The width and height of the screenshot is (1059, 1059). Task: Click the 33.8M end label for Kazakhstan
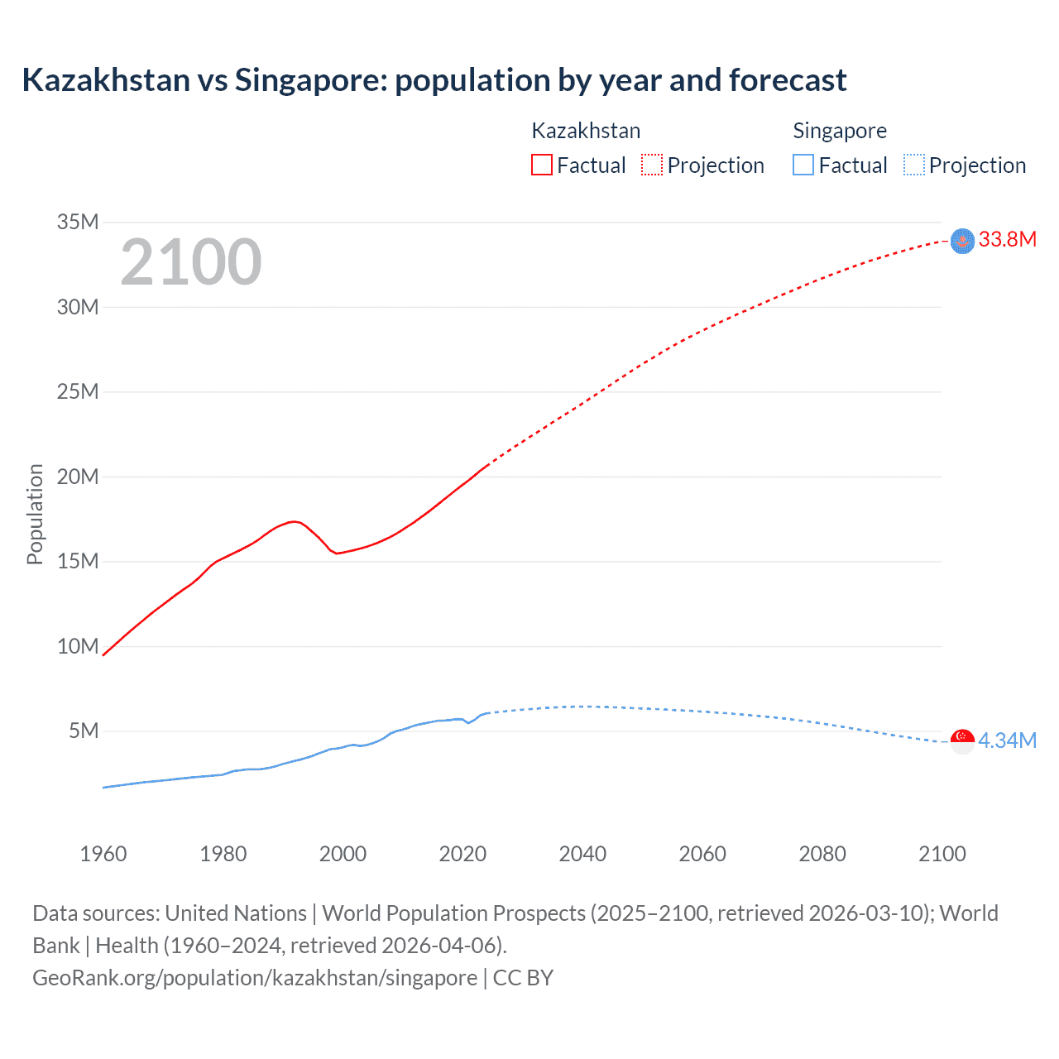pyautogui.click(x=1007, y=240)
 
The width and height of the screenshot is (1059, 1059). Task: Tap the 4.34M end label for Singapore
pyautogui.click(x=1007, y=740)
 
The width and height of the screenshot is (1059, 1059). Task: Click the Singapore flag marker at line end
pyautogui.click(x=962, y=741)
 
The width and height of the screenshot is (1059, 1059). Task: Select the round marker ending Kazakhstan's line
pyautogui.click(x=962, y=241)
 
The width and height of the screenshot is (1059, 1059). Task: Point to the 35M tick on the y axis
pyautogui.click(x=78, y=222)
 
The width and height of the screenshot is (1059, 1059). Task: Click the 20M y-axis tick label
pyautogui.click(x=78, y=477)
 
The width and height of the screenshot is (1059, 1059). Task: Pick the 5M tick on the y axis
pyautogui.click(x=84, y=731)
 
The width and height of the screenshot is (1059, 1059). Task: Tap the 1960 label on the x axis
pyautogui.click(x=103, y=854)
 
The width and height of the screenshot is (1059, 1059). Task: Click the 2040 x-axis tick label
pyautogui.click(x=582, y=854)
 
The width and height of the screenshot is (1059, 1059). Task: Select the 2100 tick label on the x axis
pyautogui.click(x=942, y=854)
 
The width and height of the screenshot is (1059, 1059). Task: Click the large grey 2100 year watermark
pyautogui.click(x=191, y=262)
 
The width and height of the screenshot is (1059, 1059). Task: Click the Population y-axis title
pyautogui.click(x=35, y=514)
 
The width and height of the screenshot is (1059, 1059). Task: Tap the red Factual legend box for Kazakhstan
pyautogui.click(x=541, y=165)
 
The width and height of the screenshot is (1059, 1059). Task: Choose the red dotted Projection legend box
pyautogui.click(x=652, y=165)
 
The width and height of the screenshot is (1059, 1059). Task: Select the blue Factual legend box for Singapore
pyautogui.click(x=803, y=165)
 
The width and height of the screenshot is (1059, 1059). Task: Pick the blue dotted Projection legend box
pyautogui.click(x=913, y=165)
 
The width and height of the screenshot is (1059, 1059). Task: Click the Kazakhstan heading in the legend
pyautogui.click(x=586, y=131)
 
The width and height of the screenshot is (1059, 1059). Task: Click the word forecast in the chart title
pyautogui.click(x=788, y=80)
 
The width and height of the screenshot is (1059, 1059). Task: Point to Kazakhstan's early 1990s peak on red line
pyautogui.click(x=294, y=521)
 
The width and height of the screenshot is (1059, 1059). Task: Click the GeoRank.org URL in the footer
pyautogui.click(x=255, y=978)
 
